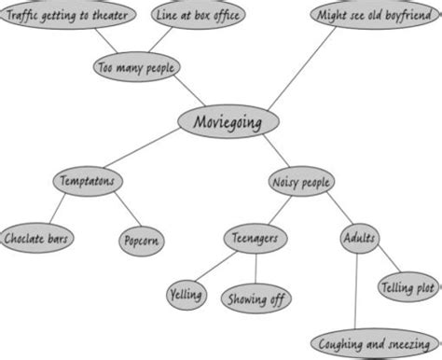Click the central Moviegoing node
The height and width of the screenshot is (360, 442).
[227, 122]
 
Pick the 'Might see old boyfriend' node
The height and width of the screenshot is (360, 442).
[374, 16]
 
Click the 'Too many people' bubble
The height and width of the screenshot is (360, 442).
[136, 66]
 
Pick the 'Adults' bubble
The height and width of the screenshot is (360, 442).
[359, 238]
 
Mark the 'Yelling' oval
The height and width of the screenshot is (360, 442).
[186, 295]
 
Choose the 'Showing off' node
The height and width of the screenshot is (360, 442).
[256, 298]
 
